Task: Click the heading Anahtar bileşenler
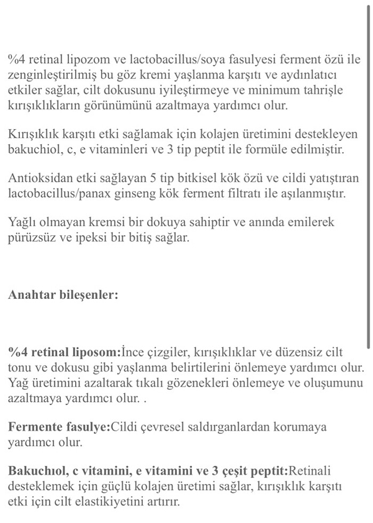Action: click(x=63, y=295)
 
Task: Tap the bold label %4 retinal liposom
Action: click(x=64, y=353)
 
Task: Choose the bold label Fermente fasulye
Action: click(x=58, y=427)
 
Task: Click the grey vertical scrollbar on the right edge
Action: click(x=369, y=176)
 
